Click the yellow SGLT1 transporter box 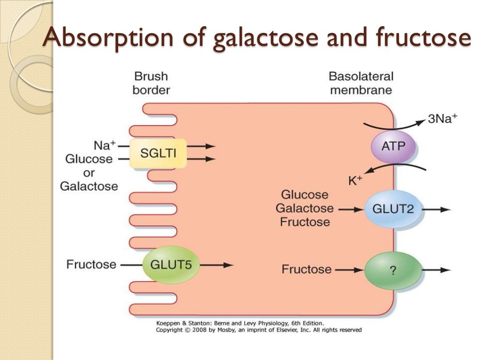(x=151, y=153)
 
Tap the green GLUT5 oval (x=171, y=264)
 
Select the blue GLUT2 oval (x=393, y=209)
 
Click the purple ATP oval (x=393, y=146)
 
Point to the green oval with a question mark (x=393, y=270)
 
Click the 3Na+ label (x=442, y=119)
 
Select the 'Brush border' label (x=150, y=83)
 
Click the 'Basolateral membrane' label (x=360, y=83)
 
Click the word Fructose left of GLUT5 (x=91, y=264)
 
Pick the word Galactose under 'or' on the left (x=89, y=186)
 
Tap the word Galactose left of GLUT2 (x=305, y=208)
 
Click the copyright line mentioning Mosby (x=258, y=330)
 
